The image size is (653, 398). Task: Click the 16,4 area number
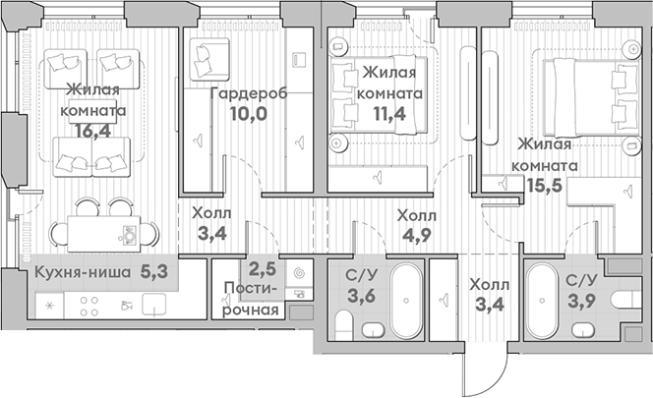pos(93,131)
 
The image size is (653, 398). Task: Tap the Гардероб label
pos(249,94)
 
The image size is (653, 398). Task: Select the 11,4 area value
pos(389,113)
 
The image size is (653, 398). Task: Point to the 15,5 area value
pos(545,185)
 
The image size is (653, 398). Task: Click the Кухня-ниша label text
pos(83,272)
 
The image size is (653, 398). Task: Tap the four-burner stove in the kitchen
pos(89,306)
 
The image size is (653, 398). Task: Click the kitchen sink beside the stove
pos(154,304)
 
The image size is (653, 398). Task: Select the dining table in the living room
pos(103,234)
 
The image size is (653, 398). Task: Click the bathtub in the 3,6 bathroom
pos(406,300)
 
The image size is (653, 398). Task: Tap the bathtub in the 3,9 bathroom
pos(542,300)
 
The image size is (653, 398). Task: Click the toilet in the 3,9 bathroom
pos(625,300)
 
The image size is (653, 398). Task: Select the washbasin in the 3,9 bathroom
pos(583,330)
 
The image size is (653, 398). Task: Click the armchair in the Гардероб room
pos(209,59)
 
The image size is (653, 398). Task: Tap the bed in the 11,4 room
pos(379,95)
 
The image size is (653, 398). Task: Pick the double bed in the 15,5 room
pos(590,98)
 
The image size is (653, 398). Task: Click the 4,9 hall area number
pos(416,235)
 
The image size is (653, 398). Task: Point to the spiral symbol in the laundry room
pos(298,273)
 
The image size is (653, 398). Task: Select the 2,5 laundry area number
pos(263,269)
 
